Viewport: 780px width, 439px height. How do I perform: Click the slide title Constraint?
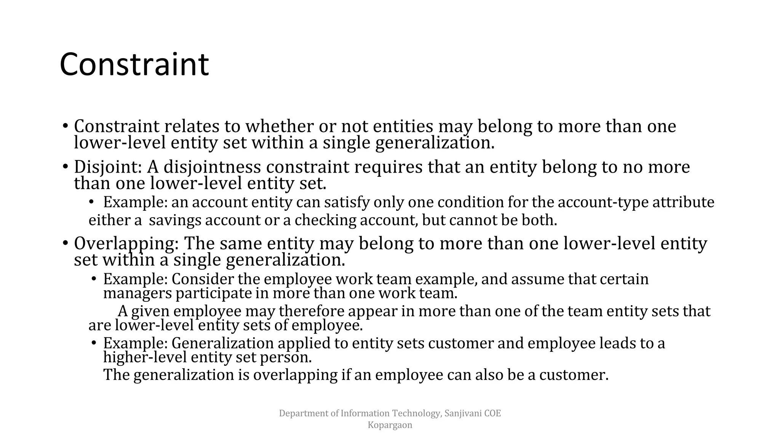134,65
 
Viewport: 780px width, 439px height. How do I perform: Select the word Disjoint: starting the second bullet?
108,167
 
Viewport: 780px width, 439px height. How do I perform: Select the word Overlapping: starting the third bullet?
126,244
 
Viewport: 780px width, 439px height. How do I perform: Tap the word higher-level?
145,357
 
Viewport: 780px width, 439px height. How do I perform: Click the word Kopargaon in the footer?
390,425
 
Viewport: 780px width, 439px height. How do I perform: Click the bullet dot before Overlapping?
65,243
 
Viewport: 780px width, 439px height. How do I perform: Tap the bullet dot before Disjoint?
65,167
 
